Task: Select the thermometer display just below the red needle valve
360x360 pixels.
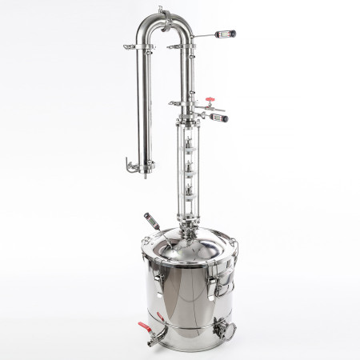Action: point(221,118)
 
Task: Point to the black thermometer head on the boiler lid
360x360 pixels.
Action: point(148,218)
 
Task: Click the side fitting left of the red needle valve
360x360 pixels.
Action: point(174,103)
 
